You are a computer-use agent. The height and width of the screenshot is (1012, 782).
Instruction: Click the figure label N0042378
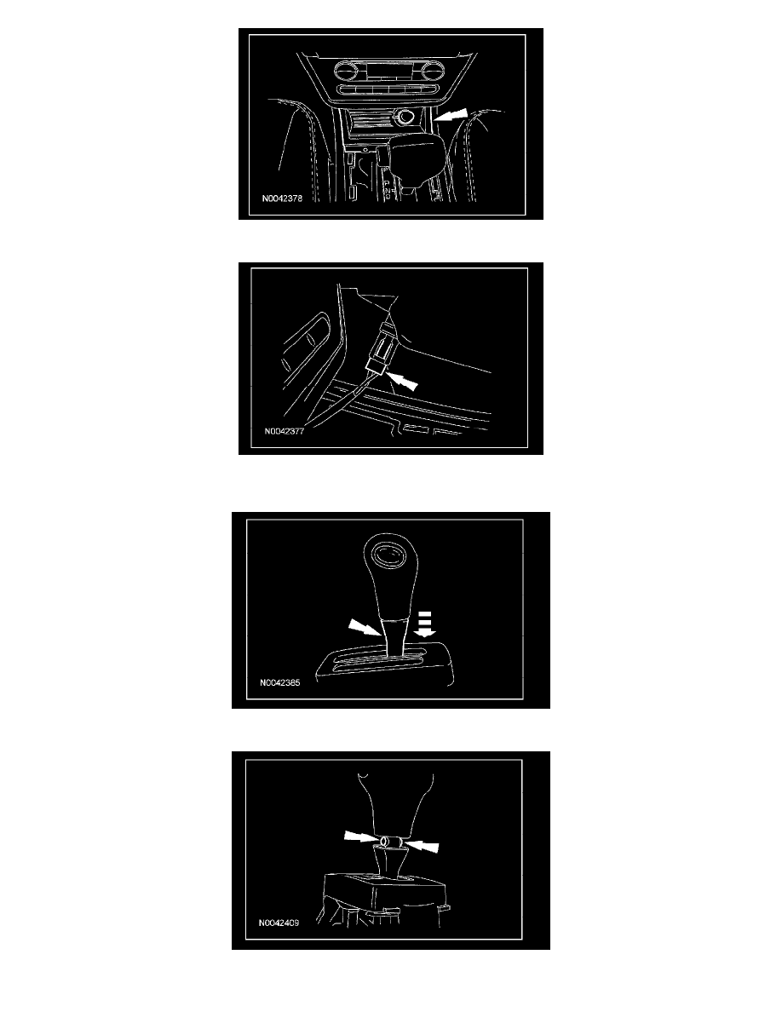point(282,198)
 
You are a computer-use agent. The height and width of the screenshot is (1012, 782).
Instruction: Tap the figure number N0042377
point(284,431)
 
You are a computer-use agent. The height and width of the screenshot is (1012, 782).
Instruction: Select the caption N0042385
point(280,682)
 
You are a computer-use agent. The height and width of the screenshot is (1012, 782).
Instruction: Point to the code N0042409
point(279,923)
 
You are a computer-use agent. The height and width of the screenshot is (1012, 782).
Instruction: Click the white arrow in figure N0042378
point(450,115)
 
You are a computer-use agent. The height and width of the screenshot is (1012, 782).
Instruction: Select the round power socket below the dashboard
point(407,118)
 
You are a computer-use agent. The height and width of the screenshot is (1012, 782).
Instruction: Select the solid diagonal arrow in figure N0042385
point(365,627)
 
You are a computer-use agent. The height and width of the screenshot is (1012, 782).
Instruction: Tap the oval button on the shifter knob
point(388,555)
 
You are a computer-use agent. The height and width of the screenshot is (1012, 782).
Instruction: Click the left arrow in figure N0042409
point(359,837)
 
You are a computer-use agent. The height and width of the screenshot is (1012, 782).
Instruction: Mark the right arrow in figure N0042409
point(422,845)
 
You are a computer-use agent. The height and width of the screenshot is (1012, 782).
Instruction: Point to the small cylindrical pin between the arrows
point(390,842)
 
